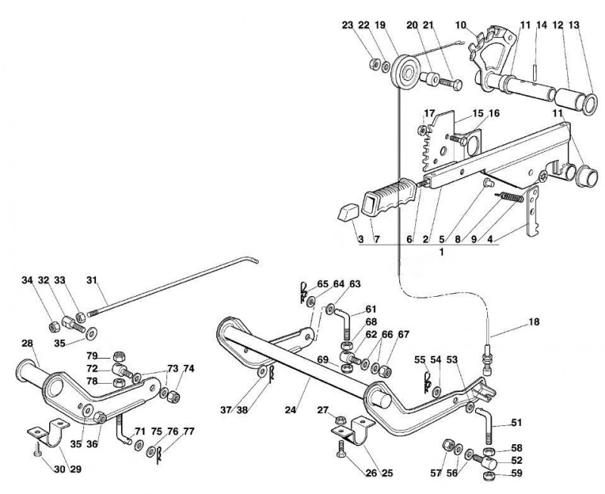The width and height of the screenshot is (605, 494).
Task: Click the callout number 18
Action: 533,322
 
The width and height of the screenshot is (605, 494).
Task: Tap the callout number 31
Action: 91,280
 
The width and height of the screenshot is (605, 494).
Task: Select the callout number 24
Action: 290,410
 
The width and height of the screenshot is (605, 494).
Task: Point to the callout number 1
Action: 442,252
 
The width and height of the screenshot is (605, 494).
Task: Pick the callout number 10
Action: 461,26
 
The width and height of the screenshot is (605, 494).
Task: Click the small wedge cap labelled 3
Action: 349,212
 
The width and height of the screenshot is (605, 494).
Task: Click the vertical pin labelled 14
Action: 535,72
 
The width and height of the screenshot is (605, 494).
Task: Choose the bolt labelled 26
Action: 341,449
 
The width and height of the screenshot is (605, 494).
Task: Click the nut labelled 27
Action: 340,419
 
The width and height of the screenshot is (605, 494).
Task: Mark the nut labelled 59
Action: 489,475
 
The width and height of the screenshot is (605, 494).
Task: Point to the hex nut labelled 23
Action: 374,63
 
